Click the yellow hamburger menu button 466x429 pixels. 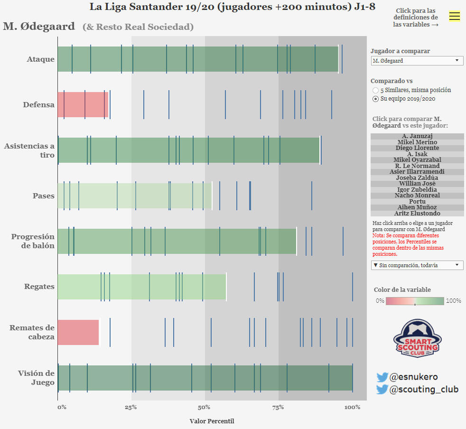point(454,16)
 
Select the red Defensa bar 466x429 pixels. point(83,104)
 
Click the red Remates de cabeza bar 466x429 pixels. point(78,332)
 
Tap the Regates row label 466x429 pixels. point(39,287)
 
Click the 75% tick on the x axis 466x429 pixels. point(278,407)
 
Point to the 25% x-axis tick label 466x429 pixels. point(131,407)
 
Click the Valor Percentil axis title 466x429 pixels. point(212,421)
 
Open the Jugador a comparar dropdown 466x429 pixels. point(417,61)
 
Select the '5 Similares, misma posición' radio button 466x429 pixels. point(376,90)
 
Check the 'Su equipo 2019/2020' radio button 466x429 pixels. point(376,99)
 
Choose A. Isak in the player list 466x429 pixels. point(417,154)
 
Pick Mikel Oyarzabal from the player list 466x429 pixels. point(417,160)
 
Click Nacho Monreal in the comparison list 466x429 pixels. point(417,196)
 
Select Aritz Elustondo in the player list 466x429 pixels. point(417,214)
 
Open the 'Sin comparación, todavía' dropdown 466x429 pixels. point(417,265)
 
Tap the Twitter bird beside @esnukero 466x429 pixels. point(382,377)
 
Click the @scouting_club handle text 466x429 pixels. point(424,390)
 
